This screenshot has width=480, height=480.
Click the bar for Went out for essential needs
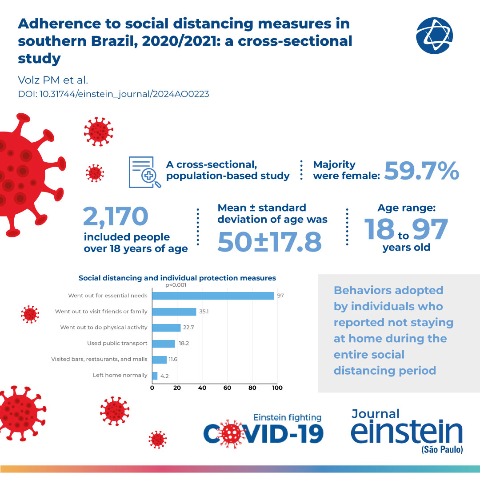[213, 296]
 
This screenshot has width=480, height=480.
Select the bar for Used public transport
[164, 344]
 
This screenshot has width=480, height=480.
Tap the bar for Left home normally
[155, 376]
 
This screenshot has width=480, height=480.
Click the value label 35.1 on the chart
[204, 312]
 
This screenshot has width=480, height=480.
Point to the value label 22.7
[188, 328]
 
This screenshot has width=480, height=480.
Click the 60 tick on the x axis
[227, 388]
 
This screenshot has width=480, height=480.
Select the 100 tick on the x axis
[277, 388]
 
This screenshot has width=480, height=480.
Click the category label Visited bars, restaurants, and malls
[99, 359]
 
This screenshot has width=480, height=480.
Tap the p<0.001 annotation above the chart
[176, 286]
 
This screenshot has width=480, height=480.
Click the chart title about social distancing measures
[177, 278]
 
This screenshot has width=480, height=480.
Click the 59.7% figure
[421, 171]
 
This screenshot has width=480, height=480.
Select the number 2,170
[116, 216]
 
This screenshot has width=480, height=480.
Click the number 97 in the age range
[429, 229]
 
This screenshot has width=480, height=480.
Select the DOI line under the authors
[113, 94]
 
